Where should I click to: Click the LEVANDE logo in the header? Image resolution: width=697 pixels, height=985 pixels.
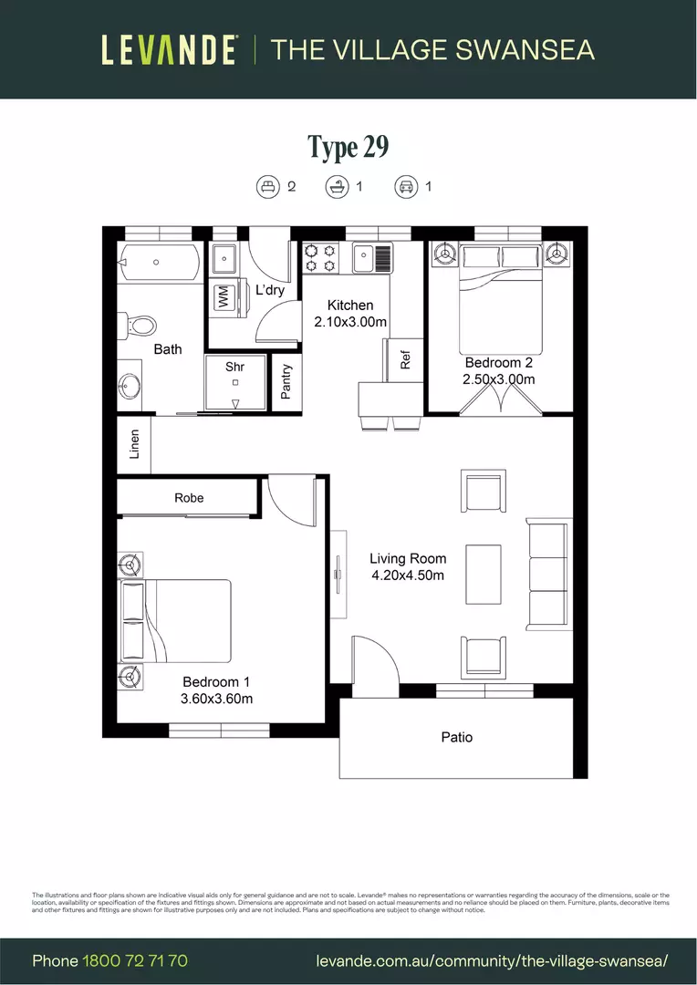tap(170, 49)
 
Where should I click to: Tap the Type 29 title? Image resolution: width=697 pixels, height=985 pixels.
tap(348, 147)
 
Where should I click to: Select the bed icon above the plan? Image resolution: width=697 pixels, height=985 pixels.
tap(267, 187)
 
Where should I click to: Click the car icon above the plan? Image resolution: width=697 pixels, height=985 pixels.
tap(404, 187)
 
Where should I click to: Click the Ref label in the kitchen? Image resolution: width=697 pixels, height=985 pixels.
tap(406, 359)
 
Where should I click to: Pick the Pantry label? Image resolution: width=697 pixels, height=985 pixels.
tap(286, 382)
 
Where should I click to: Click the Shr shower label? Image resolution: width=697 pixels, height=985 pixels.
tap(235, 367)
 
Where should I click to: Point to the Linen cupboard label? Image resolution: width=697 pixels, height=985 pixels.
tap(134, 444)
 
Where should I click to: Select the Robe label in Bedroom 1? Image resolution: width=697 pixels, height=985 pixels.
tap(189, 498)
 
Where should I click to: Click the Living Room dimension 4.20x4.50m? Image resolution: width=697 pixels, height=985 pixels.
tap(408, 575)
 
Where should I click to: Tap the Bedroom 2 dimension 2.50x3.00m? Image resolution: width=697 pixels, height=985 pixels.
tap(499, 378)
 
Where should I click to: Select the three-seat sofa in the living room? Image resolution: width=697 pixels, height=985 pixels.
tap(548, 574)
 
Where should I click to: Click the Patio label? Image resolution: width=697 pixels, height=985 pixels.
tap(457, 737)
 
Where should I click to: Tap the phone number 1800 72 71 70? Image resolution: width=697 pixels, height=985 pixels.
tap(135, 960)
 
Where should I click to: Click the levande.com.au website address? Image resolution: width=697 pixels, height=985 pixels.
tap(492, 960)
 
